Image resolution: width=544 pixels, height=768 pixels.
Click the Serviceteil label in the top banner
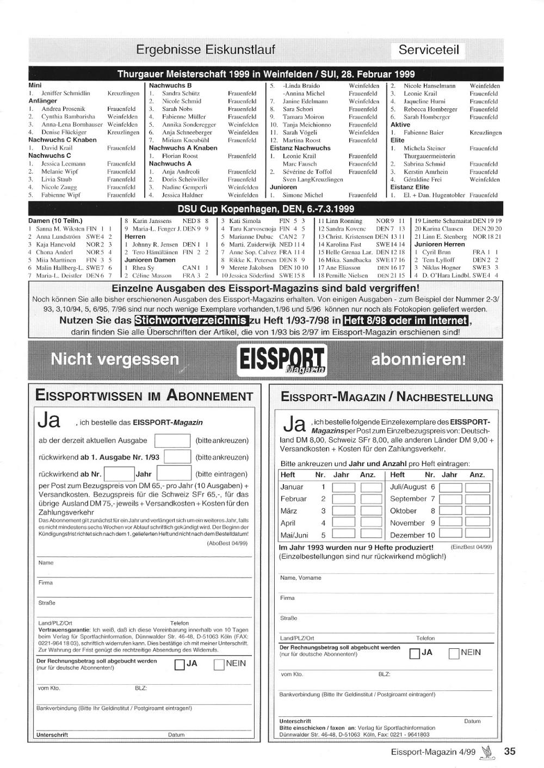pos(429,51)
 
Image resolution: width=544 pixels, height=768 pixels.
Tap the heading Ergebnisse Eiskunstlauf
pos(206,50)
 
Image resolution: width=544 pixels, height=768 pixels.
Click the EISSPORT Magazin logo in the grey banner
pos(281,360)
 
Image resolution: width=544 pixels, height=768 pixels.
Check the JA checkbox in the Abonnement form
pos(180,665)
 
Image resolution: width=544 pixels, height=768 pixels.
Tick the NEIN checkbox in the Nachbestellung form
pos(454,653)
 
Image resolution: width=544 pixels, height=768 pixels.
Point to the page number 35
pos(509,751)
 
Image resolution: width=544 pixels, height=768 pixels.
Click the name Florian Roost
pos(180,156)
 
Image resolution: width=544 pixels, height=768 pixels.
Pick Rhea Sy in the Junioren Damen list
pos(143,268)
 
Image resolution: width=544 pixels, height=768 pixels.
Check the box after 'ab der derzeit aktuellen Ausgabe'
pos(172,441)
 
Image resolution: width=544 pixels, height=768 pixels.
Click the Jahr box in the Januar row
pos(343,487)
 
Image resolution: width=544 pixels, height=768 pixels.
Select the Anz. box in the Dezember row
pos(477,535)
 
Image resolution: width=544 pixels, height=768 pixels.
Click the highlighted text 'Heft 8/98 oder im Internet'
pos(406,320)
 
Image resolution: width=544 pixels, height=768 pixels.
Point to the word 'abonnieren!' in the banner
pos(418,360)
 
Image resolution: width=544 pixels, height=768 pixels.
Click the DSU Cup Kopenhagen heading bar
pos(265,209)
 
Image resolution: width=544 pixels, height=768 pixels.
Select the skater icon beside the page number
pos(489,751)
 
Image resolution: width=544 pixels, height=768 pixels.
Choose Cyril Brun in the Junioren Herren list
pos(436,252)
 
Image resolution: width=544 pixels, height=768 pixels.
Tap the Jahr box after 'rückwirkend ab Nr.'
pos(174,474)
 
